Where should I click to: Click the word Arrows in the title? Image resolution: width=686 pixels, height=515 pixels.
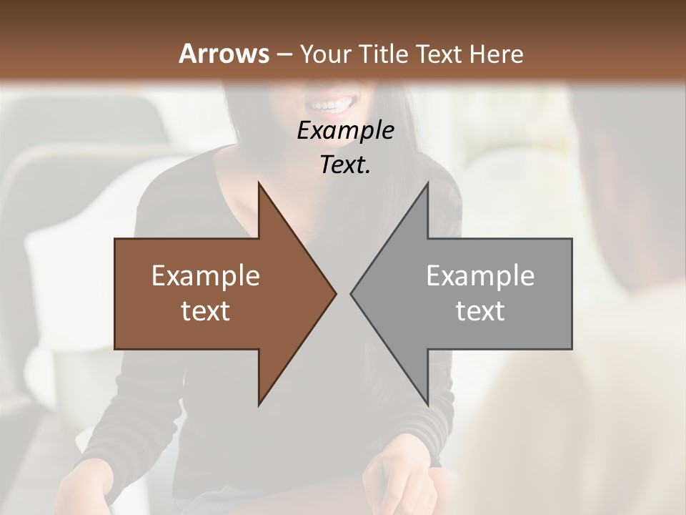coord(223,54)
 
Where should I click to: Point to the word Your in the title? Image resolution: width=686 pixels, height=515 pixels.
coord(324,54)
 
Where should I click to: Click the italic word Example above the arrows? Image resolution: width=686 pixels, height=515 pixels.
coord(346,131)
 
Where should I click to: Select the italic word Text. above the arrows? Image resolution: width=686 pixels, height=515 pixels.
coord(346,165)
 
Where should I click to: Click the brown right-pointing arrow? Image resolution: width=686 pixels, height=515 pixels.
coord(214,294)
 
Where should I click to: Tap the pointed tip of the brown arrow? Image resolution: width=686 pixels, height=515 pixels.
coord(334,293)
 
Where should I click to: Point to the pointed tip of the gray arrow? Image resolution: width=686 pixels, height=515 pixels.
coord(352,293)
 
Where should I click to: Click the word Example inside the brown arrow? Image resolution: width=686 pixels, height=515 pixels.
coord(206,276)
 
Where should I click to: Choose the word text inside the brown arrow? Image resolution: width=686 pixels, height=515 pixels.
coord(206,311)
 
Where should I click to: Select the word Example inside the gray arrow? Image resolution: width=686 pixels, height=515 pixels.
coord(480,276)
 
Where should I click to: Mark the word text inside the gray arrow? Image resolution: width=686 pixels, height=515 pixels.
coord(480,311)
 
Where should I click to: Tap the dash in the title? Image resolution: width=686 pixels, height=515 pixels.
coord(284,54)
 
